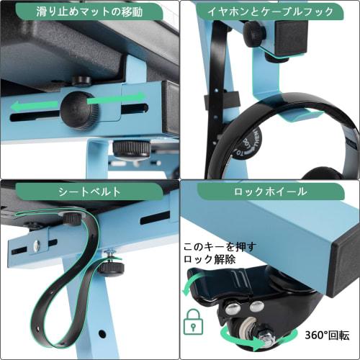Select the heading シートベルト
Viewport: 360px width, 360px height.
[89, 192]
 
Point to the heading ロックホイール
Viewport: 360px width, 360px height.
[269, 192]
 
